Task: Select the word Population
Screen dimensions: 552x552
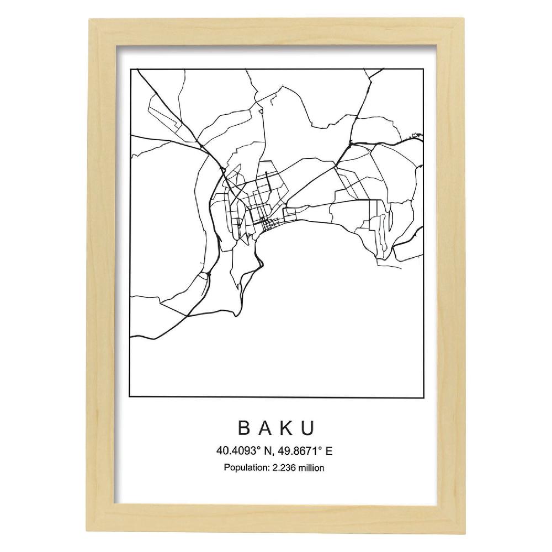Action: [245, 468]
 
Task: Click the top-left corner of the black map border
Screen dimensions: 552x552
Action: [130, 69]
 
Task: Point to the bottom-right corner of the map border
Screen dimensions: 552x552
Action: [423, 396]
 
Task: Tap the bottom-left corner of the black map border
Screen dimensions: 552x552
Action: [130, 396]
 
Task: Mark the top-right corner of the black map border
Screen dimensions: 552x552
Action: [423, 69]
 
